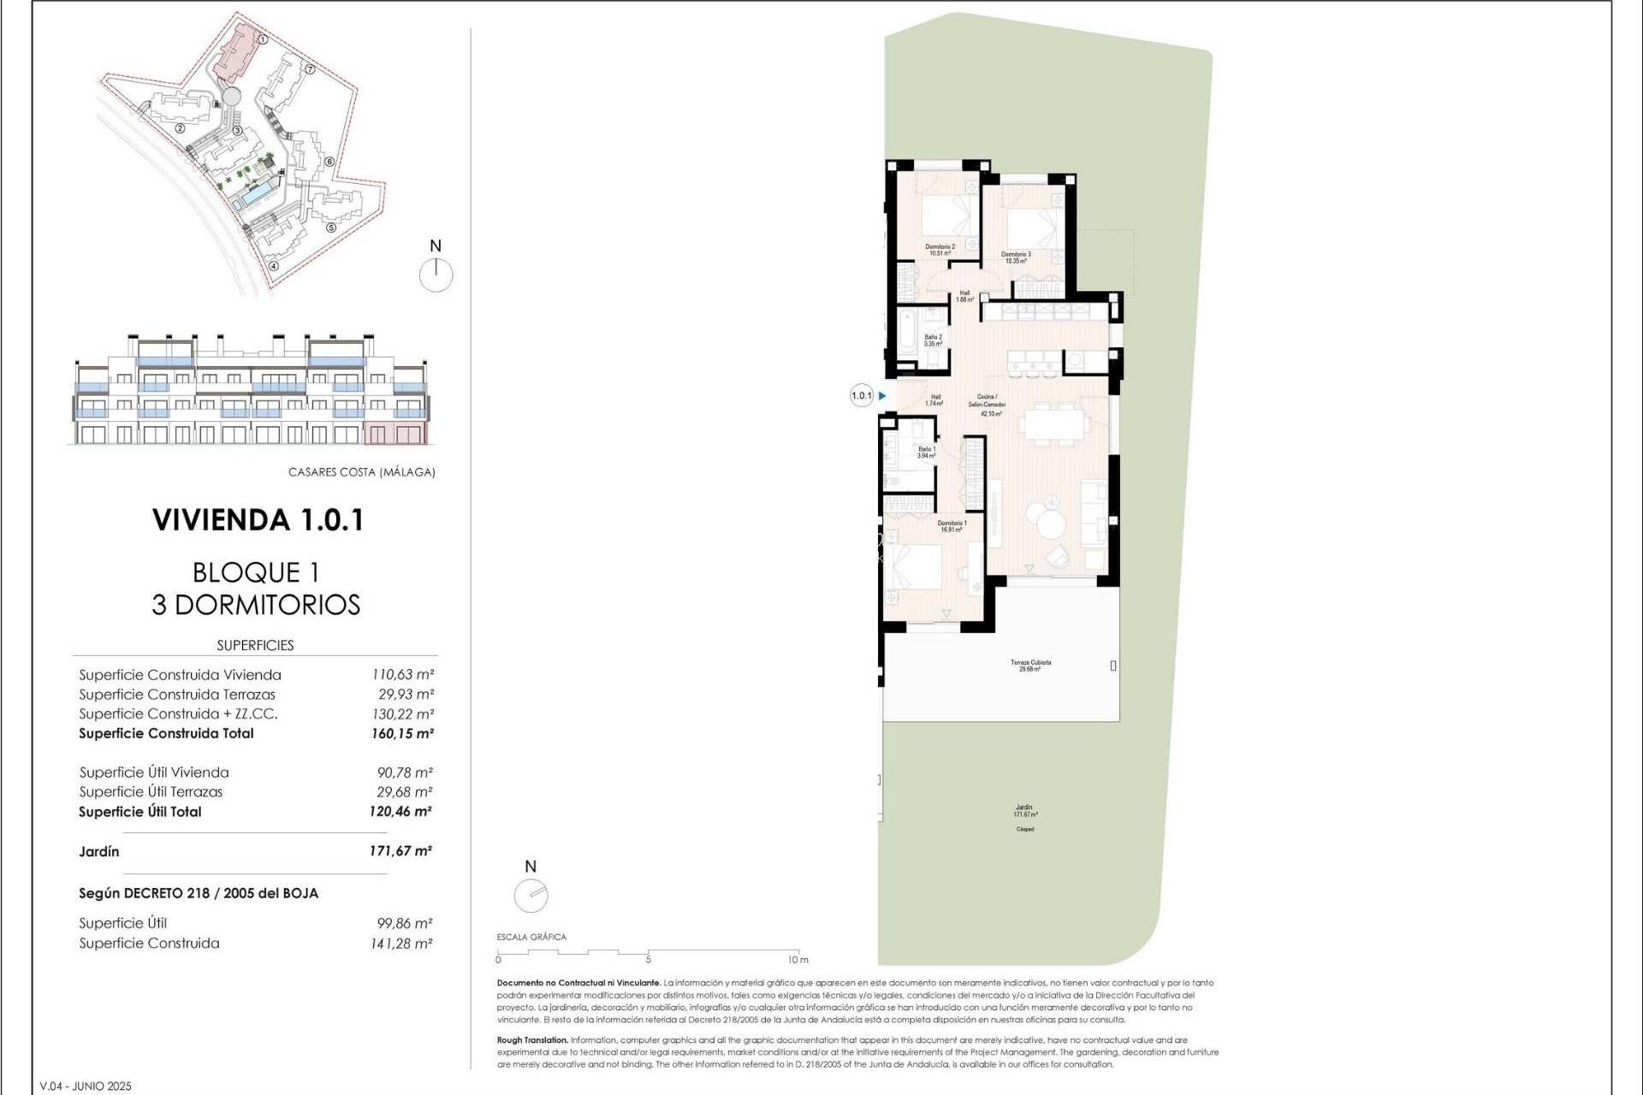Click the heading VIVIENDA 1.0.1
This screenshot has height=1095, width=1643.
tap(258, 520)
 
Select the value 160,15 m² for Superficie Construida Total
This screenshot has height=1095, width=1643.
tap(401, 733)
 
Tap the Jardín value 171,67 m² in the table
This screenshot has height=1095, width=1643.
tap(400, 851)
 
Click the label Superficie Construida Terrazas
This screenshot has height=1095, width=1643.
tap(177, 695)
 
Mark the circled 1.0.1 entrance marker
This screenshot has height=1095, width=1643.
tap(861, 395)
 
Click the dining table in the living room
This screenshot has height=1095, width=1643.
tap(1054, 423)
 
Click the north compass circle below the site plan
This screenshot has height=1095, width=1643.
tap(436, 275)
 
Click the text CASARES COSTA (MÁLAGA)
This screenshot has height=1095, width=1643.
tap(361, 472)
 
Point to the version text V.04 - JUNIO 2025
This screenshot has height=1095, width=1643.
tap(86, 1086)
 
